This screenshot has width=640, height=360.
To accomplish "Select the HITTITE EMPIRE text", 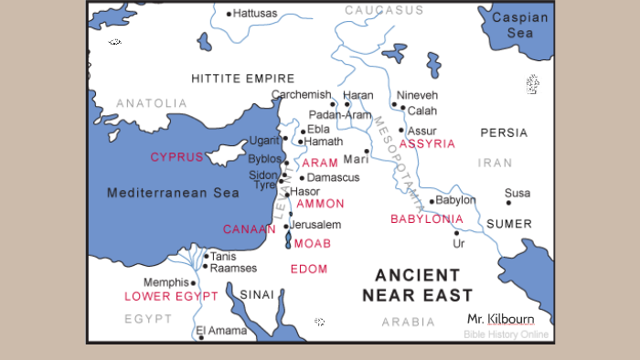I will point(242,79).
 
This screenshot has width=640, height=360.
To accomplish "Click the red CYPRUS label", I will point(176,157).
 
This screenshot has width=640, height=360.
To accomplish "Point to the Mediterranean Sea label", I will point(173,193).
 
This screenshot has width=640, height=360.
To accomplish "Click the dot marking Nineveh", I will point(393,104).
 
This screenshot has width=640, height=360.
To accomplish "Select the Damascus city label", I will point(334,177).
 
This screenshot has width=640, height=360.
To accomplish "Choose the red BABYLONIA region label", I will point(426,219).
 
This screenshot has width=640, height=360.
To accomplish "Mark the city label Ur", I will point(459,244).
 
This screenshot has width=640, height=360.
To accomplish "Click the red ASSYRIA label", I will point(425,144).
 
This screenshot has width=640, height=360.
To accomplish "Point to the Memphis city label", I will point(166,282).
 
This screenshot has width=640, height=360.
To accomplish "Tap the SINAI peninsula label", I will point(256,294).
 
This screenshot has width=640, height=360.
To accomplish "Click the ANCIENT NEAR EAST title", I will point(417,285).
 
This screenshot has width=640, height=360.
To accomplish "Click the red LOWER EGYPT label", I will point(171,297).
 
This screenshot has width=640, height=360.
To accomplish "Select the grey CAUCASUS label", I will point(384,10).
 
